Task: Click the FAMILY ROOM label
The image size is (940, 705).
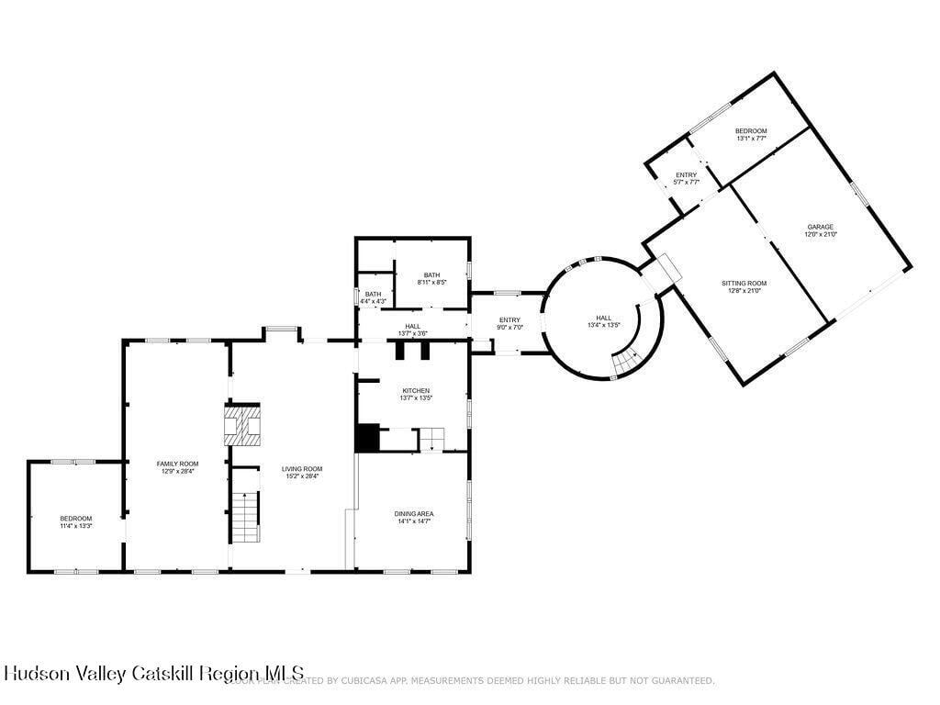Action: [x=176, y=464]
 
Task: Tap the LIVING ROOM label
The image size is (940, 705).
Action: [x=302, y=469]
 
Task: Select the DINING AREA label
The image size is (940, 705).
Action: [x=414, y=513]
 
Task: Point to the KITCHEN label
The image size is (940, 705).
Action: [x=415, y=391]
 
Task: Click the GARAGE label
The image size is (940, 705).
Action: [x=821, y=227]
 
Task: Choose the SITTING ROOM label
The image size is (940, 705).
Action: [x=744, y=283]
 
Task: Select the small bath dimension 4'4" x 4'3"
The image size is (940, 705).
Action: [x=374, y=301]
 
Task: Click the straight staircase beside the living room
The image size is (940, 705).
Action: [x=245, y=517]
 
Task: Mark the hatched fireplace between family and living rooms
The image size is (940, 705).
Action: [x=243, y=424]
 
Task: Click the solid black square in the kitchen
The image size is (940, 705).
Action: [x=367, y=437]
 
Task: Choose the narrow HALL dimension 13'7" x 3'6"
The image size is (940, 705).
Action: [x=413, y=333]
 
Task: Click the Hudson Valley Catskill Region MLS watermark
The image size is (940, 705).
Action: [x=152, y=673]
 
